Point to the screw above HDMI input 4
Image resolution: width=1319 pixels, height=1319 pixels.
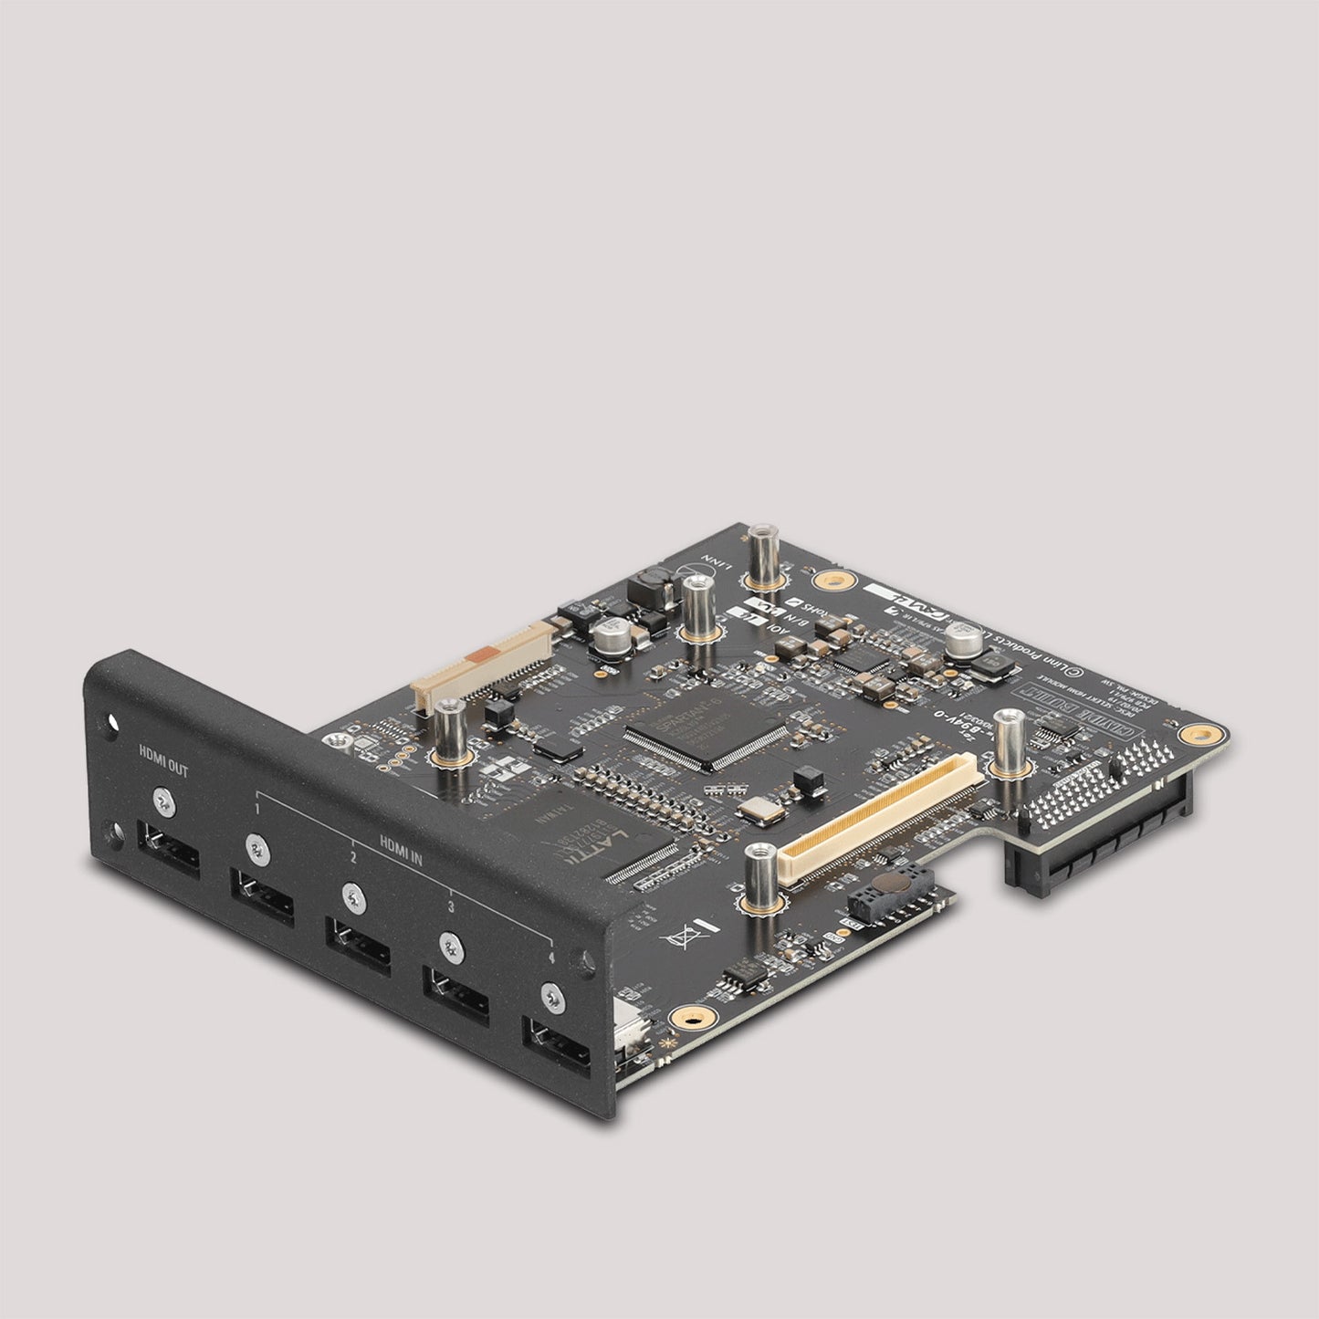[550, 994]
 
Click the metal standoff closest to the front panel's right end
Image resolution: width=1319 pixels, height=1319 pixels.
[759, 876]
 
